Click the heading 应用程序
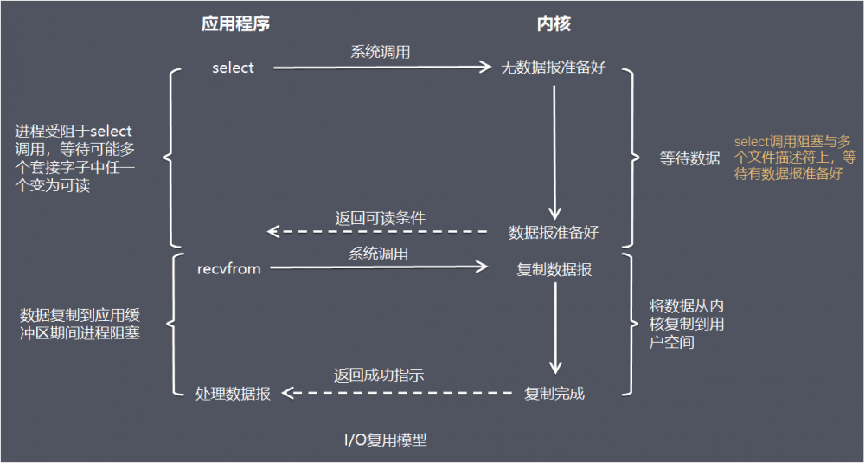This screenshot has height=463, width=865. click(235, 24)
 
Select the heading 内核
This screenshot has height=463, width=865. click(554, 24)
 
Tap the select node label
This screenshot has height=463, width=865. click(233, 68)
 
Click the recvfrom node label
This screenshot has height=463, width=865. click(229, 269)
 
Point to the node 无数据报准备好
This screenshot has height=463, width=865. click(554, 68)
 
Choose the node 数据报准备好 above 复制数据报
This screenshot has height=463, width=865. click(554, 233)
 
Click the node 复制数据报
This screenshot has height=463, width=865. click(554, 269)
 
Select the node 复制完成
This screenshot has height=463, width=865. click(554, 394)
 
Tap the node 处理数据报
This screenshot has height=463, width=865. click(233, 394)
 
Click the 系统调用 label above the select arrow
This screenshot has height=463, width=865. click(380, 52)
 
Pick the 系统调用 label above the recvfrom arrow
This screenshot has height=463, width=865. click(378, 254)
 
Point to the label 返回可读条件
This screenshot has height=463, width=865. click(380, 217)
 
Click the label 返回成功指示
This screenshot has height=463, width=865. click(378, 376)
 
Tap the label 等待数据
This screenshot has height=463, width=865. click(689, 158)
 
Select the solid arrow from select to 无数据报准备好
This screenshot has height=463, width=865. click(381, 68)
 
